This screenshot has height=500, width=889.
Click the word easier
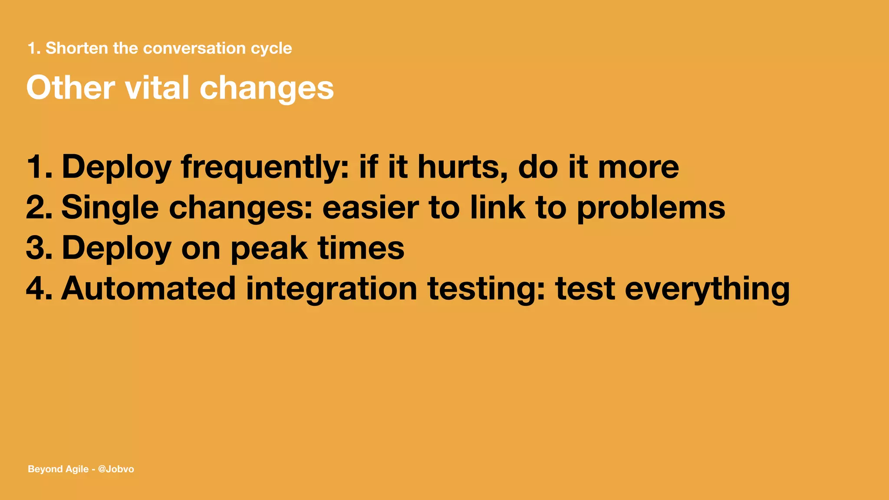[370, 207]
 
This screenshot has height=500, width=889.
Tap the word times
[361, 248]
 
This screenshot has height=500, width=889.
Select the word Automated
[148, 289]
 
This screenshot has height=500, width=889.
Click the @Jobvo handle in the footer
[116, 469]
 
